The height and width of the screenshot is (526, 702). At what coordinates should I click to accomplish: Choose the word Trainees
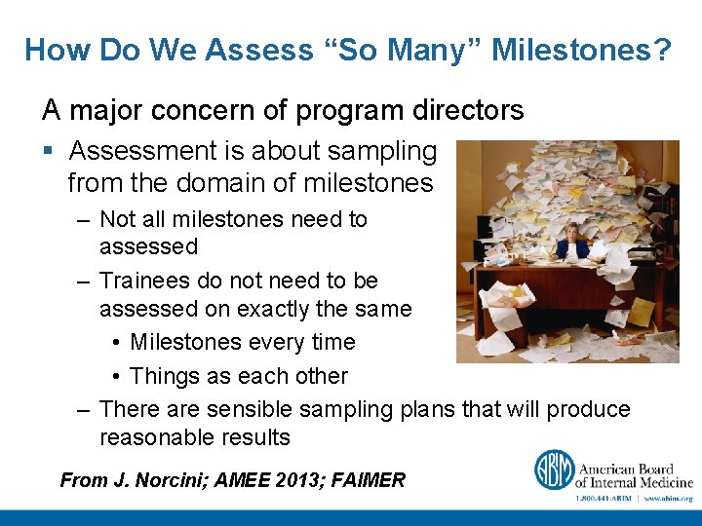pyautogui.click(x=145, y=281)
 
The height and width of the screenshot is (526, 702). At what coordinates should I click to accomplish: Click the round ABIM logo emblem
pyautogui.click(x=553, y=470)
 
